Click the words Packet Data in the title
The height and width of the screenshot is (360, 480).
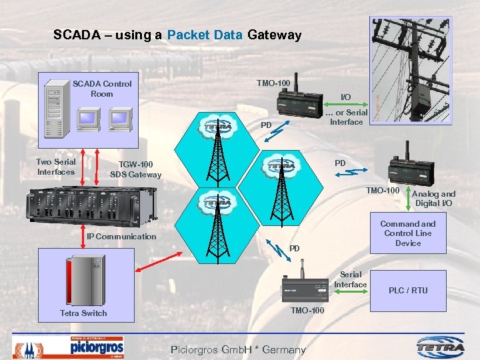(x=205, y=35)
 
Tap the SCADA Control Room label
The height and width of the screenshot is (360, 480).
(x=102, y=89)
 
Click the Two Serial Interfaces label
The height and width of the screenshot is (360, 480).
(x=56, y=167)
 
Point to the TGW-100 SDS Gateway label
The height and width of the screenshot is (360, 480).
(x=135, y=169)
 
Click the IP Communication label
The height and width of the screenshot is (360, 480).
(x=121, y=236)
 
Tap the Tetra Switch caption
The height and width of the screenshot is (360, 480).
(x=83, y=313)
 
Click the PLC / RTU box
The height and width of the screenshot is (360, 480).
(x=408, y=290)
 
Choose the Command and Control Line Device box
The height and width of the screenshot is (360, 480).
(x=408, y=233)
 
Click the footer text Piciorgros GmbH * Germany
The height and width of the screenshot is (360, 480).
(x=238, y=349)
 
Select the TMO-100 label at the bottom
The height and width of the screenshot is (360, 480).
(x=308, y=311)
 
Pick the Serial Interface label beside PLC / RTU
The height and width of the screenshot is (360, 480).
(x=351, y=279)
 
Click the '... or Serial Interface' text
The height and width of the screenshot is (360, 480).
(x=346, y=117)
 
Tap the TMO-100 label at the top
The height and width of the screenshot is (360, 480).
(x=273, y=83)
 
